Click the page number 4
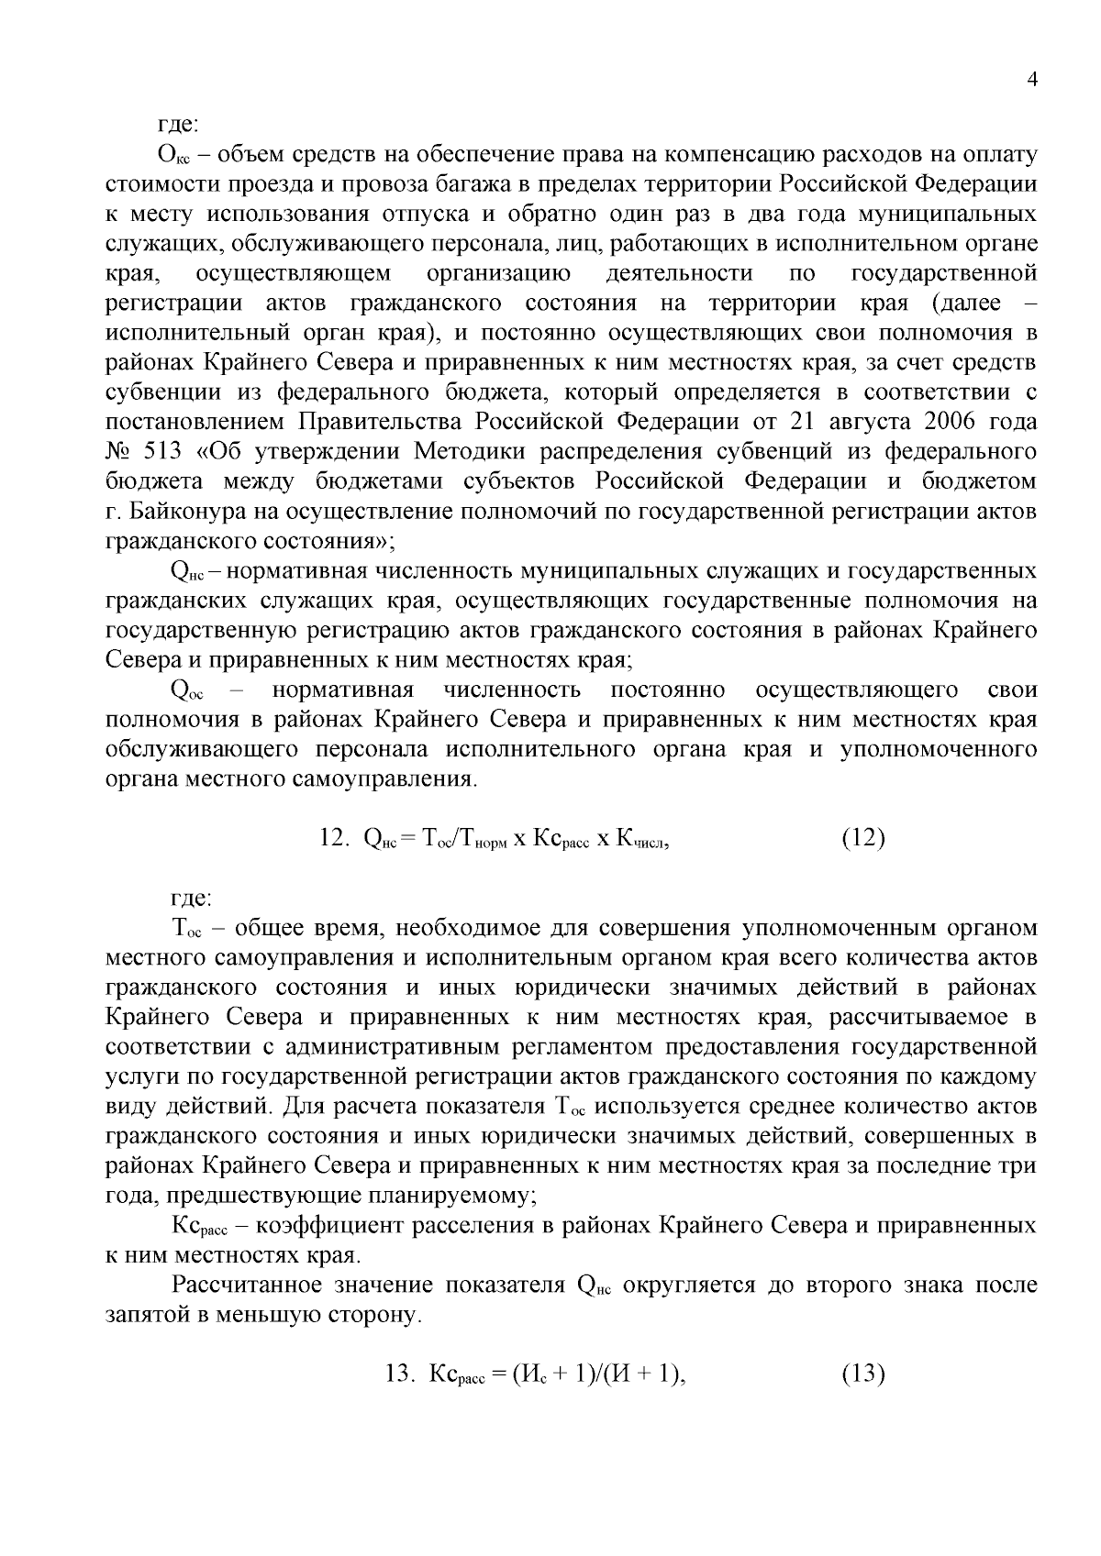click(x=1032, y=81)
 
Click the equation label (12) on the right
click(x=862, y=838)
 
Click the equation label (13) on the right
click(x=862, y=1374)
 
